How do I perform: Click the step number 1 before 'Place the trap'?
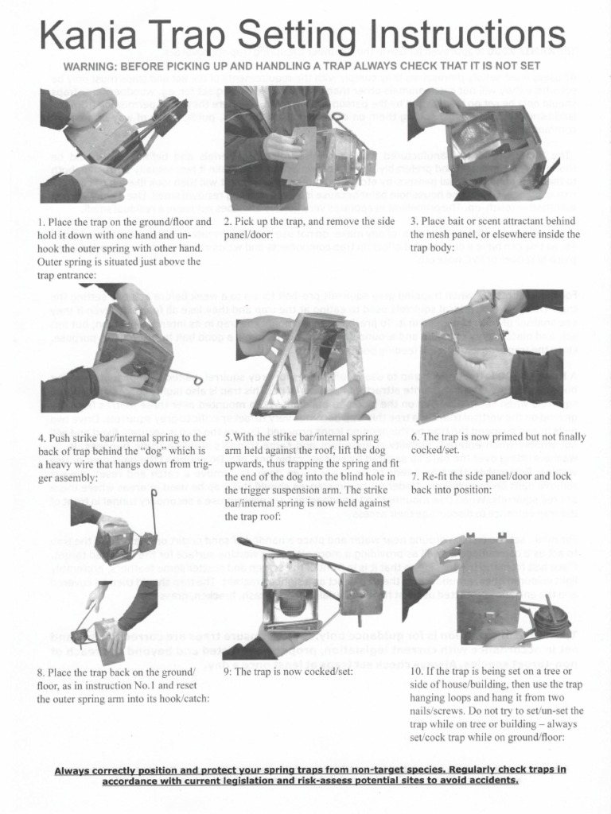(x=40, y=222)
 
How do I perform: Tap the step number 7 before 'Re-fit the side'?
(x=414, y=476)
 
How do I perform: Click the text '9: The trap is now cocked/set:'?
(x=288, y=671)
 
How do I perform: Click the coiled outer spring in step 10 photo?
(x=551, y=620)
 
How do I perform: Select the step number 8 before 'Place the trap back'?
(x=40, y=672)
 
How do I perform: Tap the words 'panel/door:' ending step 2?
(x=248, y=235)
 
